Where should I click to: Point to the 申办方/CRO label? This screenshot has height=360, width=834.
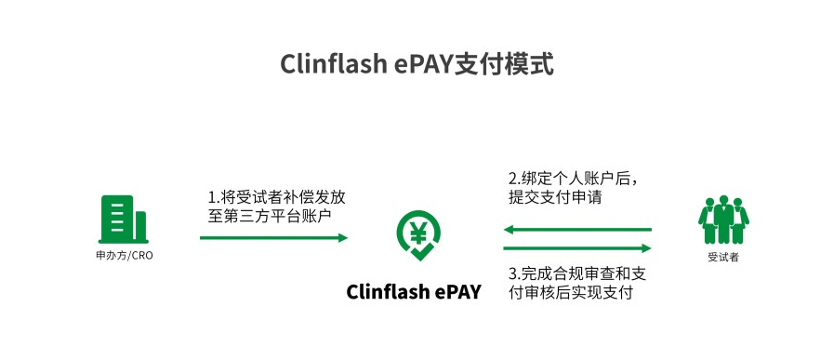(x=124, y=255)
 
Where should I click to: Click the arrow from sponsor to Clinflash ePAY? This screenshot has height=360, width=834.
(x=273, y=238)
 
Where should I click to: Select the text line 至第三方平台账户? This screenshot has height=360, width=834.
(x=269, y=216)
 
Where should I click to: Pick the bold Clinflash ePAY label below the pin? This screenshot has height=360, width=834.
(x=414, y=291)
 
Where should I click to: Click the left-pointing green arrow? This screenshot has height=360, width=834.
(x=576, y=230)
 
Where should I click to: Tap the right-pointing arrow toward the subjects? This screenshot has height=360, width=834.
(x=576, y=248)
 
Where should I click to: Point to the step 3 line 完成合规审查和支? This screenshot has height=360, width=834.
(x=577, y=274)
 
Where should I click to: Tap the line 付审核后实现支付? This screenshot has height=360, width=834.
(x=570, y=293)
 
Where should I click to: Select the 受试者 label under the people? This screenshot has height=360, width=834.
(x=723, y=257)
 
